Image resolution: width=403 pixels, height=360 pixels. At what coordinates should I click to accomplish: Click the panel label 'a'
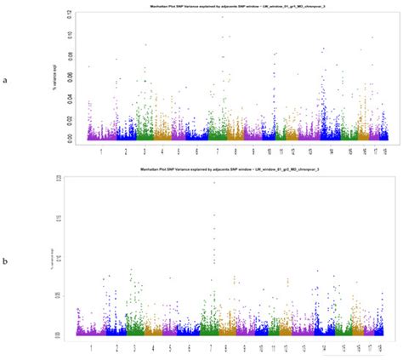8,80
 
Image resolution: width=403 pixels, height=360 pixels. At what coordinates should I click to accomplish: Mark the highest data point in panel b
214,182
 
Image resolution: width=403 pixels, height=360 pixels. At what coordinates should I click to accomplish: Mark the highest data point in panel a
222,17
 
